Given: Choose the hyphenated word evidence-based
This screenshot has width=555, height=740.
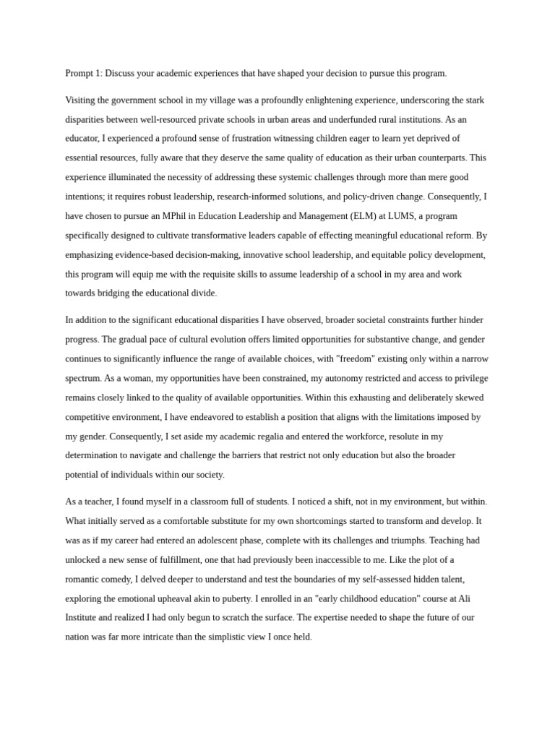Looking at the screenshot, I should tap(155, 254).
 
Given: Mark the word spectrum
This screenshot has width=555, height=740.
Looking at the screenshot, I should tap(83, 378).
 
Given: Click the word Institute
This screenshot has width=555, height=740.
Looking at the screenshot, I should tap(83, 617).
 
